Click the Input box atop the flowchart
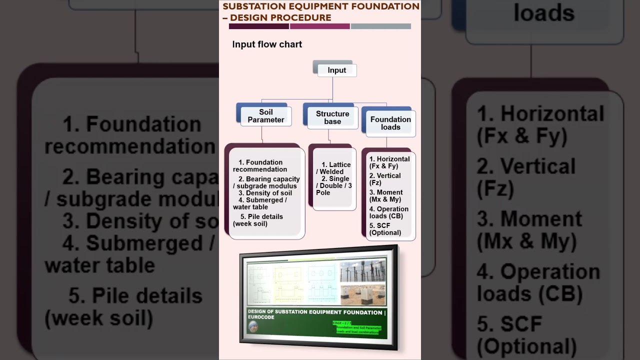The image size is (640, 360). point(336,70)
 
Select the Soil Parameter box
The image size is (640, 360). point(265,116)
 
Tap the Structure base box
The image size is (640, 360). point(332,117)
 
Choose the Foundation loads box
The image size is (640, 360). point(390,123)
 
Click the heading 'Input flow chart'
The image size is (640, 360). point(267,44)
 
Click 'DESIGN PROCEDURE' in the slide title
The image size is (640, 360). point(280,18)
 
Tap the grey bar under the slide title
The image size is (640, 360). point(380,26)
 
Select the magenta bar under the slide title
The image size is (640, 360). point(319,26)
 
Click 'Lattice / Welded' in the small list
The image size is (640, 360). point(334,168)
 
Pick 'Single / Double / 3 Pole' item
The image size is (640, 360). point(334,185)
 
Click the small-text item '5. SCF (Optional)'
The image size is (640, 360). point(385,229)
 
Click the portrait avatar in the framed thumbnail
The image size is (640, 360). point(253,326)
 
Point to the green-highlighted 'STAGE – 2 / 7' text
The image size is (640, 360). point(342,323)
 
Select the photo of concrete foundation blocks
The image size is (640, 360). point(362,294)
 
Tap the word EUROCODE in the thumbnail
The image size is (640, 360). point(261,317)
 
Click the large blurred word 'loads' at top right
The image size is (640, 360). point(544,12)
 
